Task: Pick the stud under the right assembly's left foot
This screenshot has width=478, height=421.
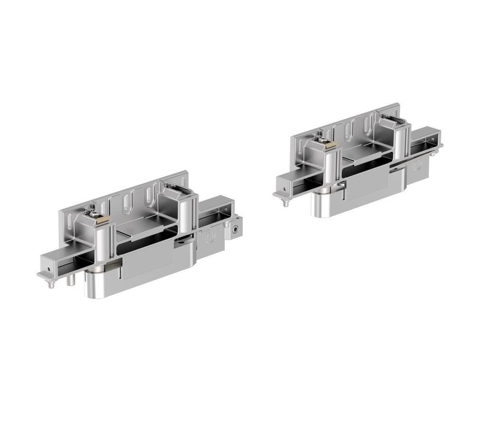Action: tap(284, 203)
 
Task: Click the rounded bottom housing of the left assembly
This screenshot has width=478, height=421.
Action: tap(102, 287)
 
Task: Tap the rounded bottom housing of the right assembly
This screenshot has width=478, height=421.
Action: tap(328, 207)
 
